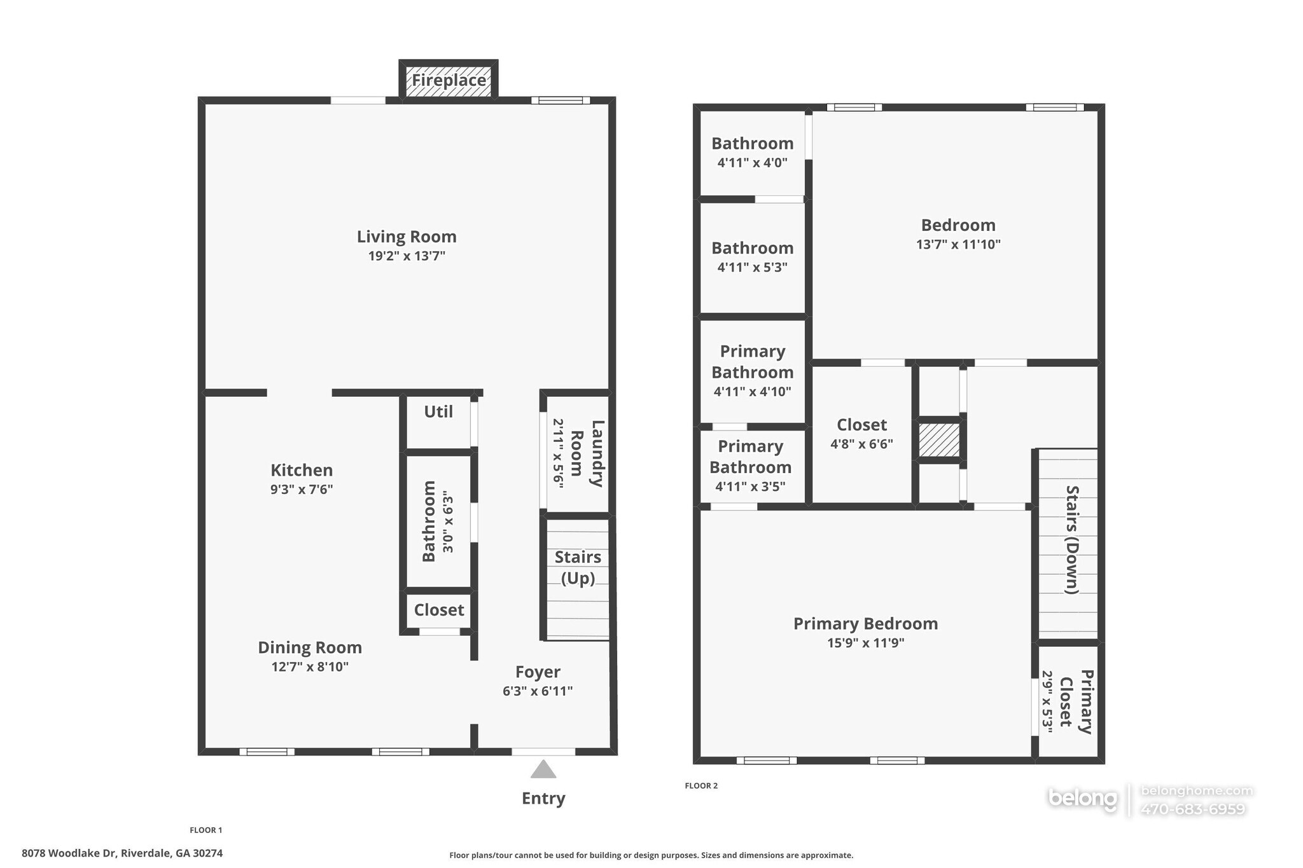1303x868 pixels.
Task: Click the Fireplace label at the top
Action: tap(449, 80)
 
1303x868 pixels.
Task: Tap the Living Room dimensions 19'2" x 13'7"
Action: tap(407, 256)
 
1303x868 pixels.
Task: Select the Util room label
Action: tap(438, 411)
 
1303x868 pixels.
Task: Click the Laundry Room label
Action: tap(587, 453)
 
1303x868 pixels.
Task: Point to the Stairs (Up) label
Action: tap(578, 567)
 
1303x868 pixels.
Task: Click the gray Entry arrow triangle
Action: tap(543, 770)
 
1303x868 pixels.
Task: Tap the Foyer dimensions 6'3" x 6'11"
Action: tap(538, 691)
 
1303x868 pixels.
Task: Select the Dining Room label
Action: tap(310, 647)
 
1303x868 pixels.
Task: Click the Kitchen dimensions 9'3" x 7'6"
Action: tap(302, 490)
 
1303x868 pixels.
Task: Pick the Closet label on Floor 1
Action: tap(439, 610)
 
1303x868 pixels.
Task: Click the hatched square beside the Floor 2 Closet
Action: tap(939, 439)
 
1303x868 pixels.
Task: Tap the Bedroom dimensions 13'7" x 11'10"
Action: tap(958, 244)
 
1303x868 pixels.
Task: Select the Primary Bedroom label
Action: tap(865, 623)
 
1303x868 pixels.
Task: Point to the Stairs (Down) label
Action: tap(1072, 539)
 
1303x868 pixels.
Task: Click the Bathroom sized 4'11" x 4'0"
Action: tap(752, 152)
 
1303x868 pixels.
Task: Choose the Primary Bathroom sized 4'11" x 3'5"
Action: tap(750, 465)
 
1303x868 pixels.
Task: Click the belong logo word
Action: tap(1082, 798)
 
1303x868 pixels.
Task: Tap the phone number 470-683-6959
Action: tap(1192, 809)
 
